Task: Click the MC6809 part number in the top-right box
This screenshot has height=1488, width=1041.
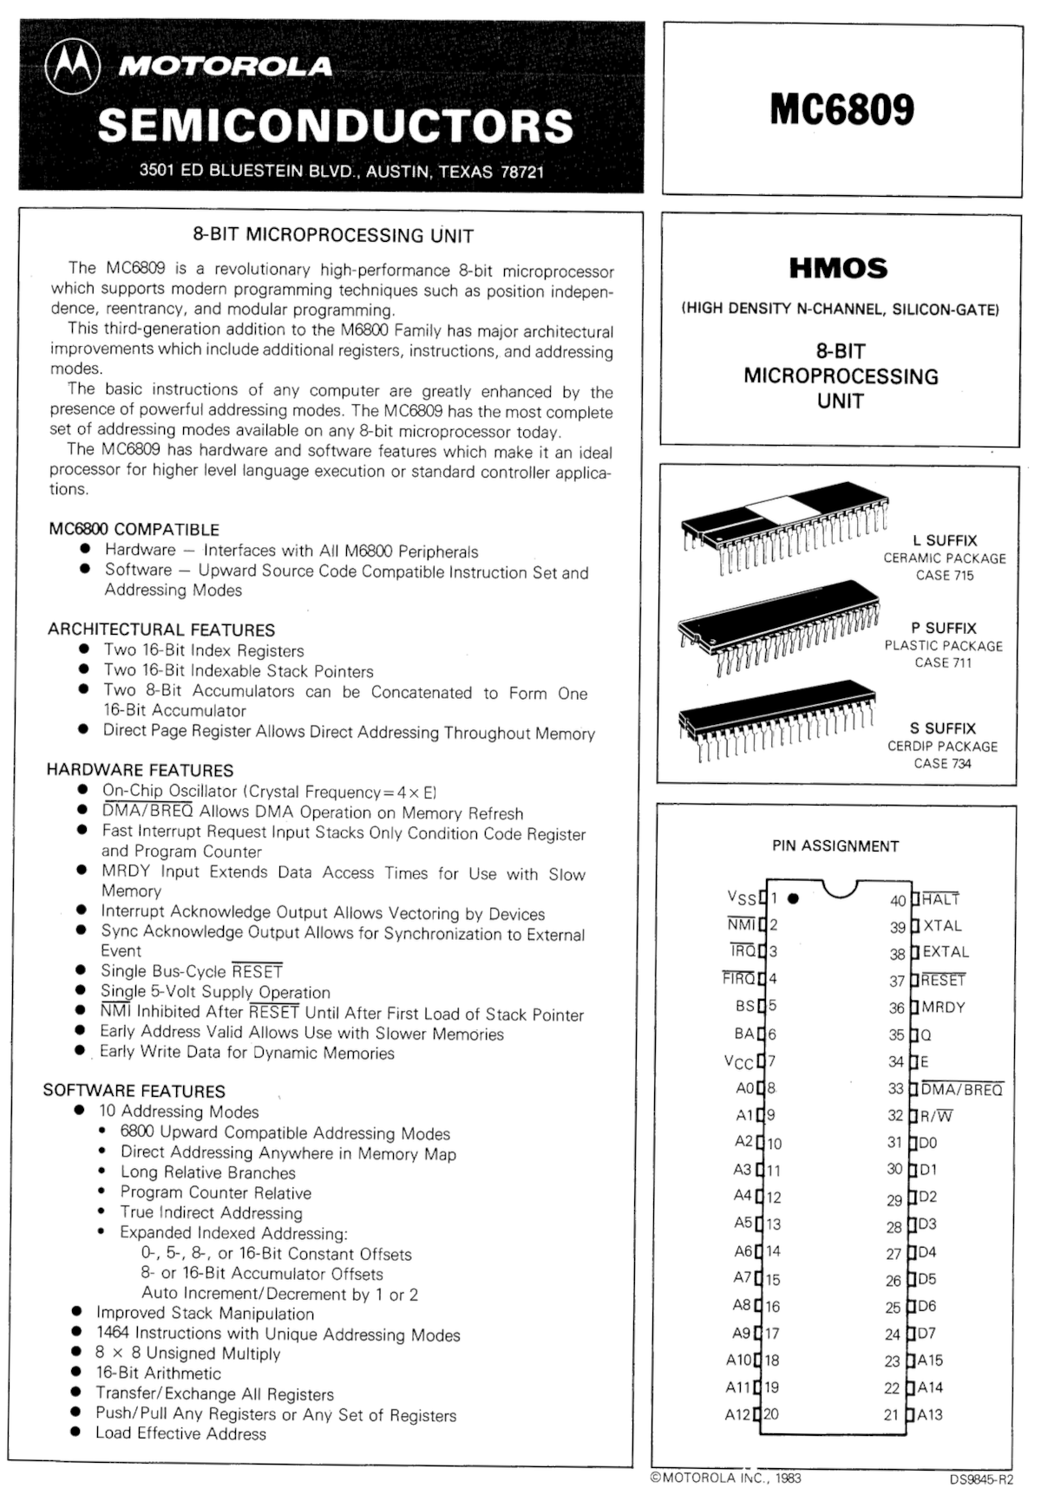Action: pos(841,110)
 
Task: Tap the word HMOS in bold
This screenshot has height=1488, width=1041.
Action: pos(838,268)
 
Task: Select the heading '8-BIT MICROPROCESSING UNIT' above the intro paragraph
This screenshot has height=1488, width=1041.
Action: pos(333,234)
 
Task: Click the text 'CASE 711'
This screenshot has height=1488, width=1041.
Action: pos(943,663)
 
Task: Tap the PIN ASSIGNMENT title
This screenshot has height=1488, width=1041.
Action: pos(835,846)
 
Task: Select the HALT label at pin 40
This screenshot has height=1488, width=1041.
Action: pos(941,900)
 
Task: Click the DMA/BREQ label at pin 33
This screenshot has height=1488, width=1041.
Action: pos(962,1089)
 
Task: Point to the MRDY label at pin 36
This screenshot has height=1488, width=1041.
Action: pos(944,1008)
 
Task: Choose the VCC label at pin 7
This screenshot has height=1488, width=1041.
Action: pos(738,1062)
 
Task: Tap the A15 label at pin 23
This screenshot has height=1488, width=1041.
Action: pos(930,1361)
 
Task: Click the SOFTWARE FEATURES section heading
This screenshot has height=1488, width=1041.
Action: pos(134,1091)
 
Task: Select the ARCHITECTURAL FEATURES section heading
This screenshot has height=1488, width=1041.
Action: pos(161,630)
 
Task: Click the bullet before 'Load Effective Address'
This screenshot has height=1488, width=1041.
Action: pos(77,1433)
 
